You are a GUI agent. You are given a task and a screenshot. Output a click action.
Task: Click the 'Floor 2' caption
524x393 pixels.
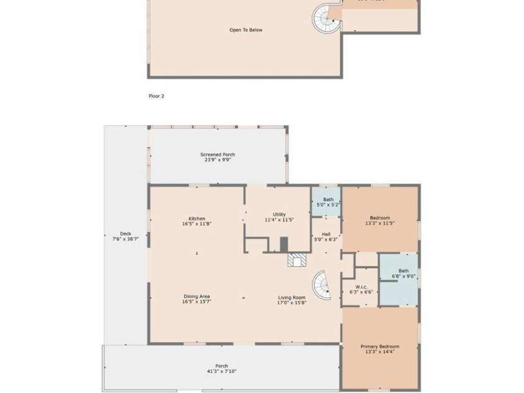point(156,96)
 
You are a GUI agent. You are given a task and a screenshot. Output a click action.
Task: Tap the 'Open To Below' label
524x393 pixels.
point(246,30)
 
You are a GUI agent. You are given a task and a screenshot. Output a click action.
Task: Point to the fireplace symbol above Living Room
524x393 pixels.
point(297,259)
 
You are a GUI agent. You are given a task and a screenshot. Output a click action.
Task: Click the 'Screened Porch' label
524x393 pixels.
point(218,154)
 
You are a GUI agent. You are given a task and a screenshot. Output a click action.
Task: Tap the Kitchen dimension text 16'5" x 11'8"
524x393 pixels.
point(197,224)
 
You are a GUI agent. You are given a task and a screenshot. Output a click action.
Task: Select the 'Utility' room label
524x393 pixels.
point(279,214)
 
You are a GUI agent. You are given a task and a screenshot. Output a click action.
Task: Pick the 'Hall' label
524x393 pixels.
point(326,234)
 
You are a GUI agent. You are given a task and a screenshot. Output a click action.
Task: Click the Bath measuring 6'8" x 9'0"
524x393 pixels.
point(403,273)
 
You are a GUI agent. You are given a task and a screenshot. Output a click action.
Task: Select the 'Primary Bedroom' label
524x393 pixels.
point(380,346)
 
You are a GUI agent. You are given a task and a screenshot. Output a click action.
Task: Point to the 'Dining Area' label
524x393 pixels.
point(196,297)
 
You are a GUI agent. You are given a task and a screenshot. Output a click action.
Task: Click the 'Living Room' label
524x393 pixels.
point(292,297)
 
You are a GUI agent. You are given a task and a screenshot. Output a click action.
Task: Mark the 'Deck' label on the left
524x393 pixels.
point(125,234)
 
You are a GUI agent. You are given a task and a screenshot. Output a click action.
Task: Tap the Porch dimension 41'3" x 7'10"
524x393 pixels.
point(221,371)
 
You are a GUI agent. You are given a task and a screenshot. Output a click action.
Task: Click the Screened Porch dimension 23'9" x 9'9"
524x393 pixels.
point(218,160)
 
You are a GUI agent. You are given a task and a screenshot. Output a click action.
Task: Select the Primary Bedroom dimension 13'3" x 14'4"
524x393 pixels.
point(380,351)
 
